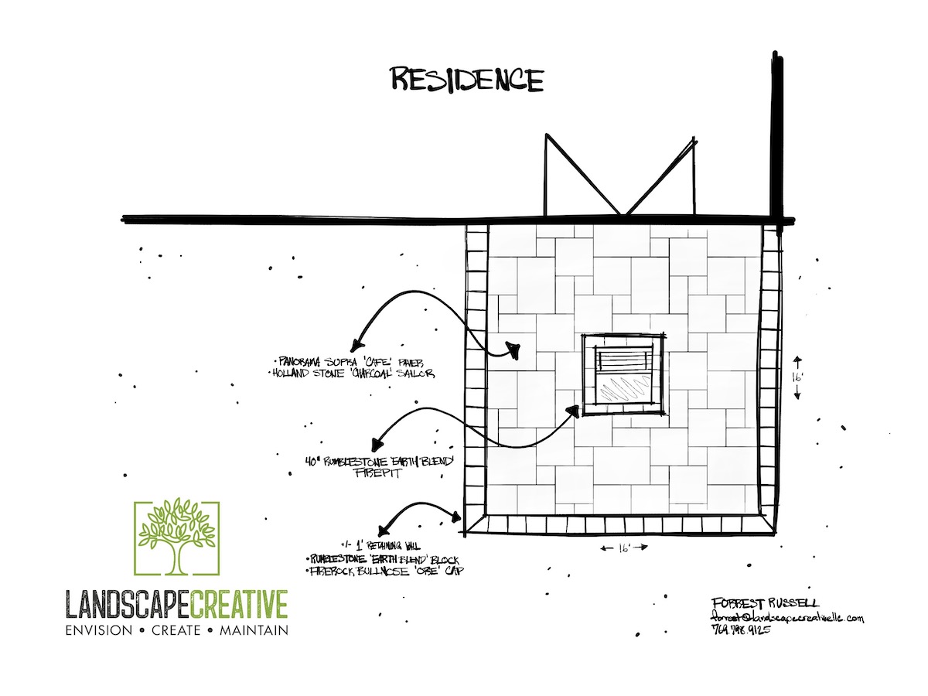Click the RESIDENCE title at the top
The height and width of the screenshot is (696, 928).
(x=466, y=80)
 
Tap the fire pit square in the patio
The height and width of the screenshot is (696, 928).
(x=623, y=374)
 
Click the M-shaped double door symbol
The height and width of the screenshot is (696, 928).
(x=619, y=175)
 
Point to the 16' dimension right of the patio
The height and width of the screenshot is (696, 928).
(x=798, y=377)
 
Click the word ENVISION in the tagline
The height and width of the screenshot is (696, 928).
(x=99, y=630)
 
